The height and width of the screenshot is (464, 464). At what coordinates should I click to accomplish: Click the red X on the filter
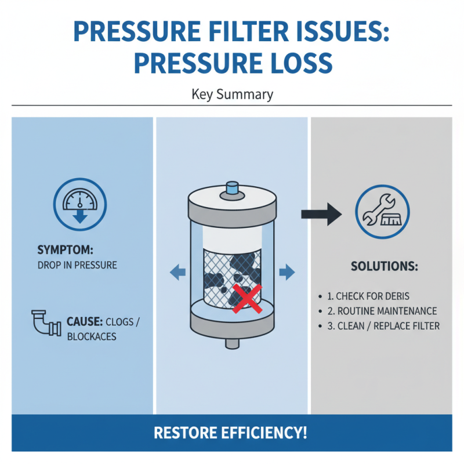click(x=245, y=298)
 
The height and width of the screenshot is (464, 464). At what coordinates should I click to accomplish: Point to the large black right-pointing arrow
click(x=322, y=213)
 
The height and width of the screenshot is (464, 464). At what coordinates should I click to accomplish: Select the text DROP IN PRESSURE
click(x=77, y=265)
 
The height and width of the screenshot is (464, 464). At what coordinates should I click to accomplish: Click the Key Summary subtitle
click(x=232, y=94)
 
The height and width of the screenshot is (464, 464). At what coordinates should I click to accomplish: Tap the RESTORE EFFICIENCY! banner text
click(x=232, y=433)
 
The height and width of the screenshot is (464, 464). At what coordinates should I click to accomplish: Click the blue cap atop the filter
click(x=232, y=187)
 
